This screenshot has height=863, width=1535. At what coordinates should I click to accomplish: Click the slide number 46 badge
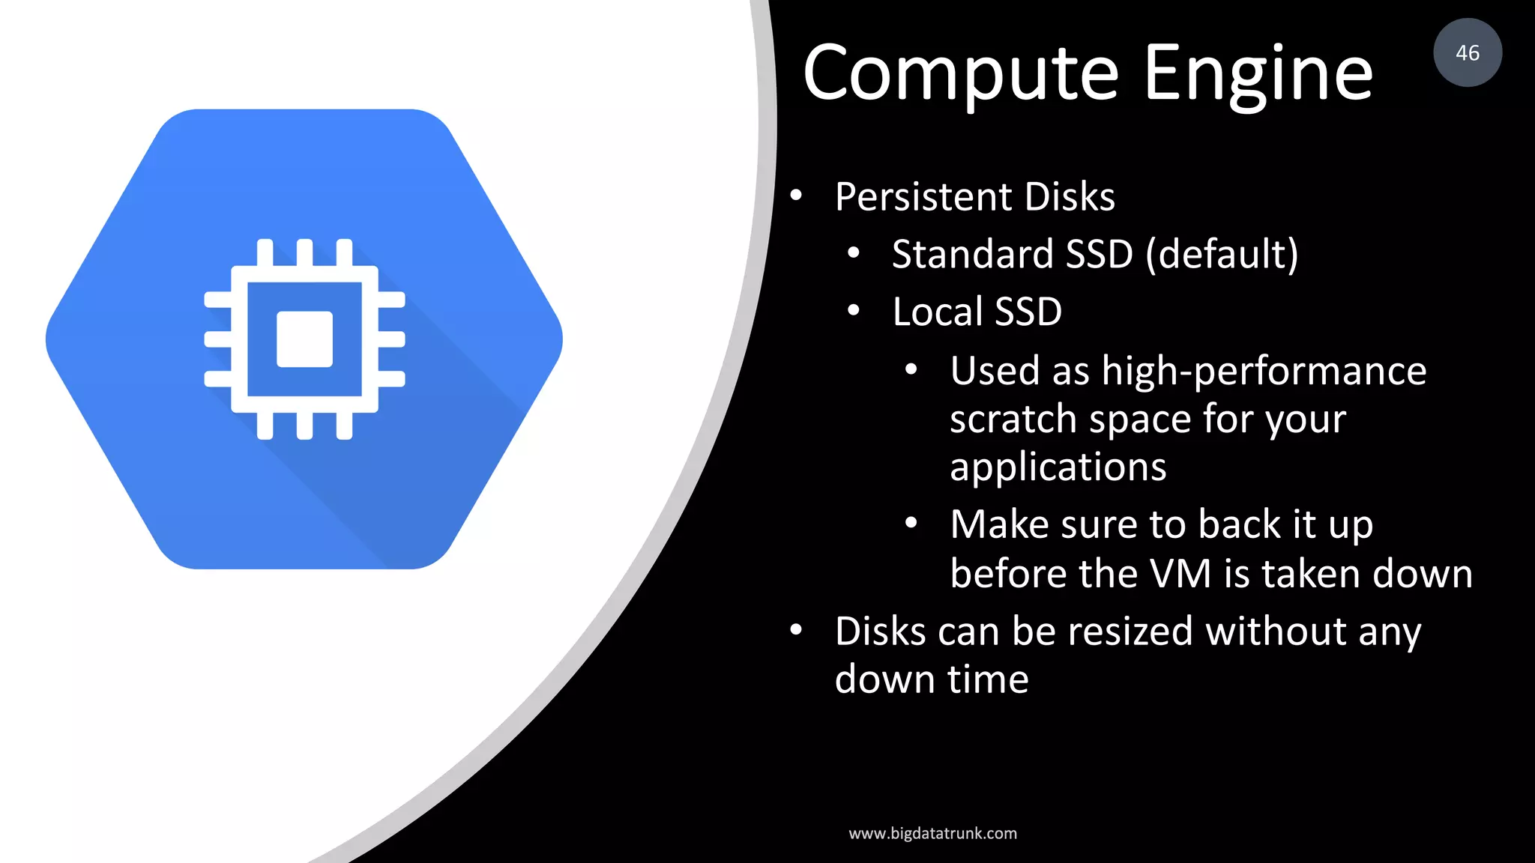click(1467, 52)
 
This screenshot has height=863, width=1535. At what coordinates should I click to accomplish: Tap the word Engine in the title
click(1258, 73)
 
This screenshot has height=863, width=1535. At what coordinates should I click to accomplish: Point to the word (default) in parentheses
click(1222, 255)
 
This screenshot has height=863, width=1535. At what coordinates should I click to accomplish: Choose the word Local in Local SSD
click(937, 312)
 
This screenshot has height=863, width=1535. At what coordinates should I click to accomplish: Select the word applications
click(1058, 468)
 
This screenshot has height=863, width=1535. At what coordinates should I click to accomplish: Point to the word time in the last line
click(988, 680)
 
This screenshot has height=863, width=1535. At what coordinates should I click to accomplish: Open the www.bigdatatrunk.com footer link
click(932, 834)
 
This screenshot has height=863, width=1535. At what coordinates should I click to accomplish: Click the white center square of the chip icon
click(304, 339)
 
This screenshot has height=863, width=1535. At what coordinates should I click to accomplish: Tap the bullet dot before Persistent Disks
click(796, 196)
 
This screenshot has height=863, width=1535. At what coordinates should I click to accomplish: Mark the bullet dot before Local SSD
click(853, 311)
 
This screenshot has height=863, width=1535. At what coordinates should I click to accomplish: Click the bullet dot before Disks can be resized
click(796, 631)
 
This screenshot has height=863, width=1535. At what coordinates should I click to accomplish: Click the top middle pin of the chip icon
click(304, 252)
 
